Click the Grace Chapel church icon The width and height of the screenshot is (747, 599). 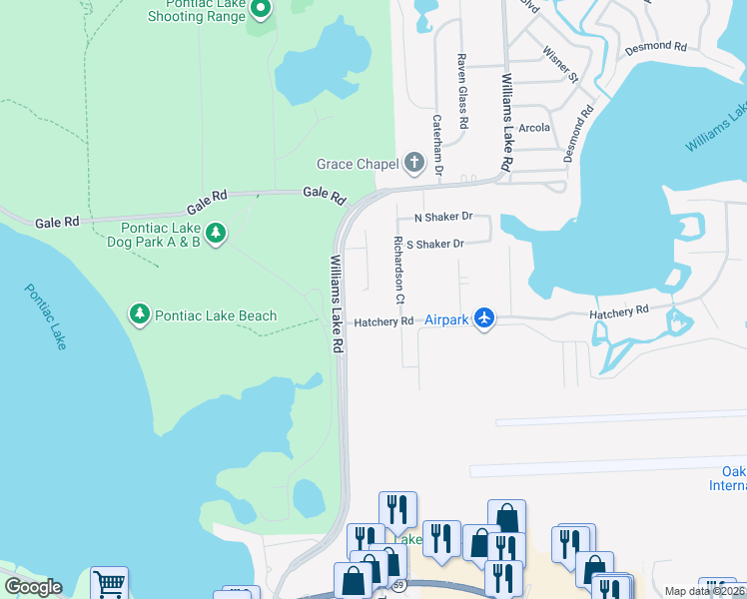415,163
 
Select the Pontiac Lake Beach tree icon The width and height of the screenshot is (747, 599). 140,315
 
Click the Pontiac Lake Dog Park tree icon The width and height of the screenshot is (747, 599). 216,234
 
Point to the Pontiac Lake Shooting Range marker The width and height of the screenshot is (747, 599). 261,10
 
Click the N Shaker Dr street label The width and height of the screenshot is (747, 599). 434,217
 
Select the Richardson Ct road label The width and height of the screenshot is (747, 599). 398,270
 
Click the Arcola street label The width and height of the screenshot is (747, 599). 534,128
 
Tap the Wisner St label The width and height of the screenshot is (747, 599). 559,62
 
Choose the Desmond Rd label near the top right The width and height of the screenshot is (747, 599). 656,47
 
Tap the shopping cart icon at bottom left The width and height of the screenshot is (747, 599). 109,583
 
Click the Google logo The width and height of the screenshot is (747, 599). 33,587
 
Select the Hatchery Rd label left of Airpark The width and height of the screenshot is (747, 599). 383,321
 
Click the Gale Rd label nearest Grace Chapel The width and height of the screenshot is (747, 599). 324,193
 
